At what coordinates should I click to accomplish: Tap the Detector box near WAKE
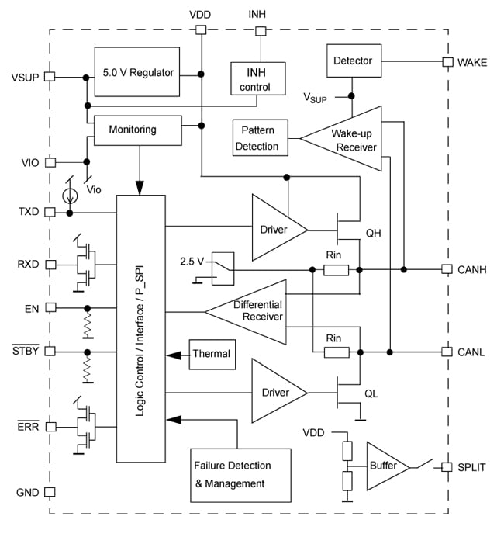click(x=353, y=61)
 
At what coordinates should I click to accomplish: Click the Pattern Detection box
click(x=258, y=138)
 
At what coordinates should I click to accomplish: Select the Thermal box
click(x=210, y=354)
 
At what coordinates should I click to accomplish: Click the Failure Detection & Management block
click(x=240, y=475)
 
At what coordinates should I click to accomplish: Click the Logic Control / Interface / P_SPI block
click(x=140, y=328)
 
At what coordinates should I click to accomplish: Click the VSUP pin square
click(x=50, y=77)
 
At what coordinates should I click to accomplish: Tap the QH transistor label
click(x=374, y=231)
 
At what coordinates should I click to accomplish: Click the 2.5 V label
click(x=191, y=261)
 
